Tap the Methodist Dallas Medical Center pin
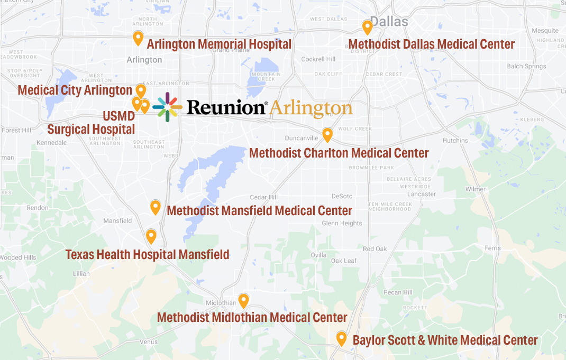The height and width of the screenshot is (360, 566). (x=367, y=27)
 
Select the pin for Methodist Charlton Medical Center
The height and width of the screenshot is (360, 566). (x=327, y=135)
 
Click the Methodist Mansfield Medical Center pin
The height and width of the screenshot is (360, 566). (x=155, y=207)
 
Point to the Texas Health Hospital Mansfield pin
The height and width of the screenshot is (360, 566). (x=151, y=236)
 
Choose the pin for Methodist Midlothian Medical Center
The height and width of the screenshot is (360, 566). (x=243, y=300)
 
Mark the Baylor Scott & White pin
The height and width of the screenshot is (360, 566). (x=341, y=338)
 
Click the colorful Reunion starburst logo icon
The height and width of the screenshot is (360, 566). (x=167, y=107)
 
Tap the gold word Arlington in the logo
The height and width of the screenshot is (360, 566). (x=311, y=108)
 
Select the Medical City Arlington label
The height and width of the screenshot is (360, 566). (x=75, y=90)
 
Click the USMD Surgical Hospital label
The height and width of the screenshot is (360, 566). (x=92, y=123)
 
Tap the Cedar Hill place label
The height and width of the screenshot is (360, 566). (x=263, y=197)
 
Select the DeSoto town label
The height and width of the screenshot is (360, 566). (x=342, y=196)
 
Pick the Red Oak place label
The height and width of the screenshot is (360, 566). (x=375, y=249)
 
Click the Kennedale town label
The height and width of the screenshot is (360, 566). (x=52, y=143)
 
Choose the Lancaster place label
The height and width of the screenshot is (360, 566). (x=422, y=194)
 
